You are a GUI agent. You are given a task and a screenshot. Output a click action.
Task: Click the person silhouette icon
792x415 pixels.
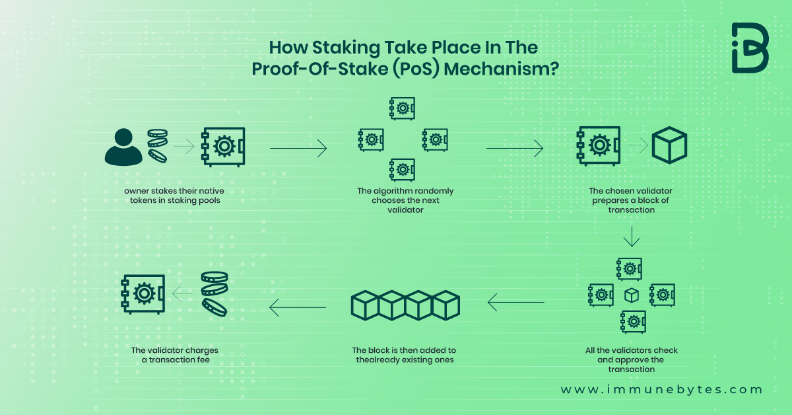[123, 147]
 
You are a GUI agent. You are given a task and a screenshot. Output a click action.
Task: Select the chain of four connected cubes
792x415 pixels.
[405, 305]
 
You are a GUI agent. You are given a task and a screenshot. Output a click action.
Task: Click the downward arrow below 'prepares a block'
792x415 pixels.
[632, 235]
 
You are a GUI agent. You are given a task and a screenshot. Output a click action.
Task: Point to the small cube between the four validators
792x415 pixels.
[632, 295]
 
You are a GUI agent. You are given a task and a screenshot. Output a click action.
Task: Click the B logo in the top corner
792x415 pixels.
[750, 48]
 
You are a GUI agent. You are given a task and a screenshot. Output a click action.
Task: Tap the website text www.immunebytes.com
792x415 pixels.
[661, 390]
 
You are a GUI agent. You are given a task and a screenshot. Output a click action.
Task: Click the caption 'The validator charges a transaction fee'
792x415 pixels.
[174, 355]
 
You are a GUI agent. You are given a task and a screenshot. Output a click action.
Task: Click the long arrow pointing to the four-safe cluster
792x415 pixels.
[298, 149]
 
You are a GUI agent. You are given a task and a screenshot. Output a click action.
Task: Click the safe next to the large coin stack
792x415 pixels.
[143, 293]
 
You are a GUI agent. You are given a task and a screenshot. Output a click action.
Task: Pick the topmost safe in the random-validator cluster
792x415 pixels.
[402, 108]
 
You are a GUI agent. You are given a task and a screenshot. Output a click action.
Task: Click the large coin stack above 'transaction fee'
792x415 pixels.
[214, 293]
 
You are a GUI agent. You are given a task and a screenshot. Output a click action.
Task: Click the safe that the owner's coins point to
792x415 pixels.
[223, 147]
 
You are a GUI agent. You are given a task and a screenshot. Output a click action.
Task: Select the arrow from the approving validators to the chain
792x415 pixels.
[516, 303]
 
